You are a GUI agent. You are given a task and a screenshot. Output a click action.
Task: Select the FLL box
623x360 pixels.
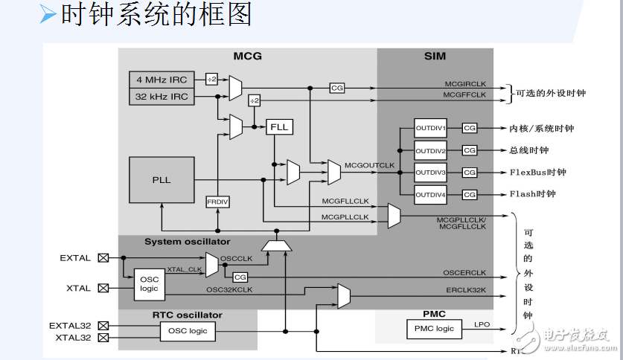tap(280, 127)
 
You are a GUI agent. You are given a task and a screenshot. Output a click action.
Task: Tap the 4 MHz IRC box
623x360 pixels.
tap(162, 80)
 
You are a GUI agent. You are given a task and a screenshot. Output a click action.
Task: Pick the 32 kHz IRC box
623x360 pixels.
tap(162, 97)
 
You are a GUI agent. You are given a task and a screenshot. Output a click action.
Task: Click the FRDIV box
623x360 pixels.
tap(217, 202)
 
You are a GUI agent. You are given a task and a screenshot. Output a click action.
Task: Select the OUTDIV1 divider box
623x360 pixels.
tap(430, 128)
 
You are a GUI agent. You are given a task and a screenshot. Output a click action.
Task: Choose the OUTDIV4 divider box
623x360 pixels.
tap(430, 194)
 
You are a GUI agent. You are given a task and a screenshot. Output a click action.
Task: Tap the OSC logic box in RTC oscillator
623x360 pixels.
tap(188, 331)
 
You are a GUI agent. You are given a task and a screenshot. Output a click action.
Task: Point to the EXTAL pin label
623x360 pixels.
tap(74, 258)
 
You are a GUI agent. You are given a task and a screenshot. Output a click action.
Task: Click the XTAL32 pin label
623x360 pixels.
tap(73, 338)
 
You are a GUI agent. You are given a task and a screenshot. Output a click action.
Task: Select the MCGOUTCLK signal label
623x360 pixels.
tap(369, 164)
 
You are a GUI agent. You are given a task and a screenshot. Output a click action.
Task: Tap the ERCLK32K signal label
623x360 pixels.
tap(466, 289)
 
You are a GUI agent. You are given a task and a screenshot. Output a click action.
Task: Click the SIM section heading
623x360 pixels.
tap(435, 56)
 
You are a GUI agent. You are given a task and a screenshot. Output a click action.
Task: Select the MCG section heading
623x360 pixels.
tap(247, 56)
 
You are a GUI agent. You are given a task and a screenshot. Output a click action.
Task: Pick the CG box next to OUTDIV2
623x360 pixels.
tap(469, 150)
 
